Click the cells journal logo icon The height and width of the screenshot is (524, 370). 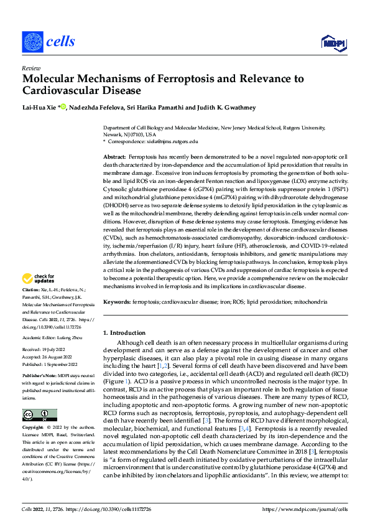tap(32, 42)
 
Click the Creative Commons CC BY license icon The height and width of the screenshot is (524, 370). tap(40, 415)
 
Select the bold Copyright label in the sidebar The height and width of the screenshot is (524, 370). tap(33, 428)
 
